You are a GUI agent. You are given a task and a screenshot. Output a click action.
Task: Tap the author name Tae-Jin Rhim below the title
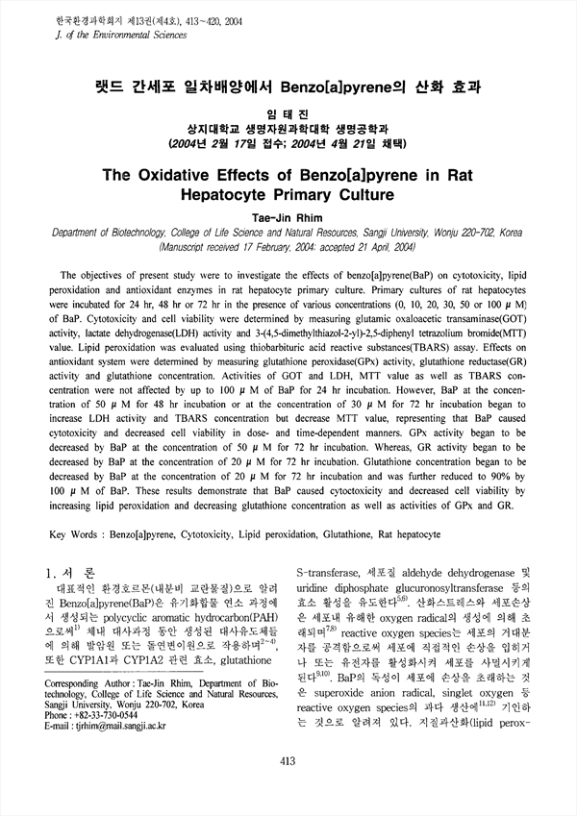(x=288, y=218)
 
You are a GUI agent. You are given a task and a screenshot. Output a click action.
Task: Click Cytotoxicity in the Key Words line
(x=231, y=532)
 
